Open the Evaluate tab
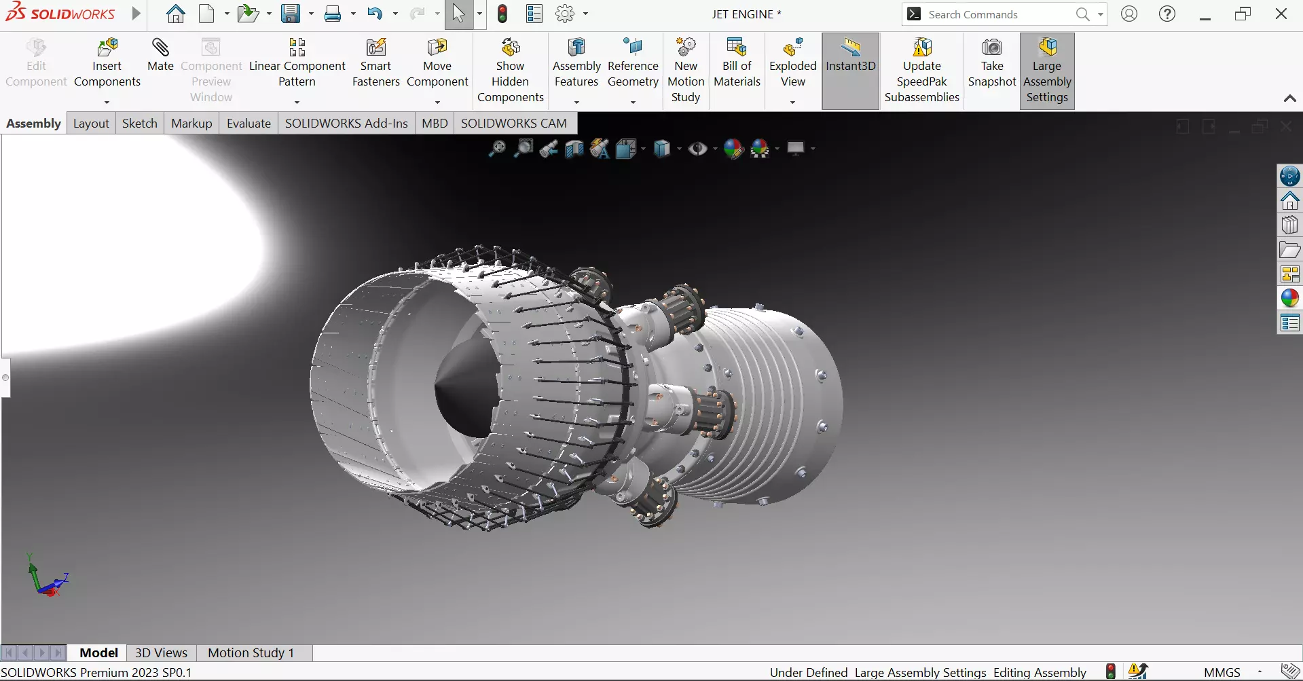[x=249, y=123]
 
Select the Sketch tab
[x=139, y=123]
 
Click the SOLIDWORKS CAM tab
[x=513, y=123]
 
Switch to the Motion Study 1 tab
[x=251, y=652]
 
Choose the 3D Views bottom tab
[x=161, y=652]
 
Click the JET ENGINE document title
[x=746, y=14]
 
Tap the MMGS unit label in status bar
[x=1222, y=672]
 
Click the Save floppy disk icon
[x=291, y=14]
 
